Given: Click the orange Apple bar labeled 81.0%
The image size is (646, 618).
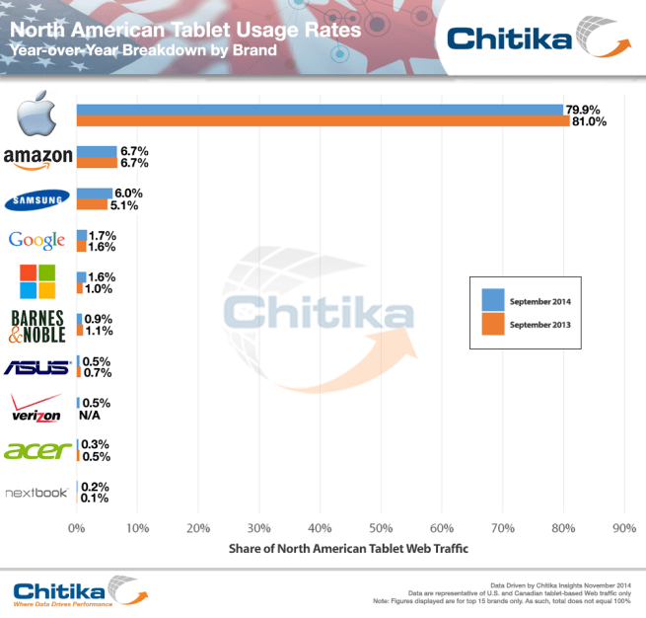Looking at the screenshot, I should (322, 121).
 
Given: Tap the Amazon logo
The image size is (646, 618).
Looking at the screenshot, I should (37, 157).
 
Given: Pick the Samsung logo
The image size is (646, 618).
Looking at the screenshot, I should (37, 200).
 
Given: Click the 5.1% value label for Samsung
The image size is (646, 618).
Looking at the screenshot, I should (125, 206).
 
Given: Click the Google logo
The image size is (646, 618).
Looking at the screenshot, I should (36, 240).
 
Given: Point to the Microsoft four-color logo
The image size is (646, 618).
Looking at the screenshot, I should (37, 280).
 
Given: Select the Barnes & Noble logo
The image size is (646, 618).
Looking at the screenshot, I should (37, 325).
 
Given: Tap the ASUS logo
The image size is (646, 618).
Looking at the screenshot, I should (37, 367).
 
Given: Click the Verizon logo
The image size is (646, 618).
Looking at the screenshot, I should (37, 408).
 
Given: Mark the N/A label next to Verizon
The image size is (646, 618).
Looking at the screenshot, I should (92, 416).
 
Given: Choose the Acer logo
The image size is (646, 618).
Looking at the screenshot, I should (37, 450).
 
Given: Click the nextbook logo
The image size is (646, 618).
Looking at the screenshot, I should (37, 493).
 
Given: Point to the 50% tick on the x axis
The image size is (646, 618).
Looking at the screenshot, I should (380, 528).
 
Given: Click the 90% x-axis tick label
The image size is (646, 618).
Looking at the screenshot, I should (622, 528).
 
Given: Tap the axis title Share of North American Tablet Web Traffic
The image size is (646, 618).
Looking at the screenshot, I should (348, 548).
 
